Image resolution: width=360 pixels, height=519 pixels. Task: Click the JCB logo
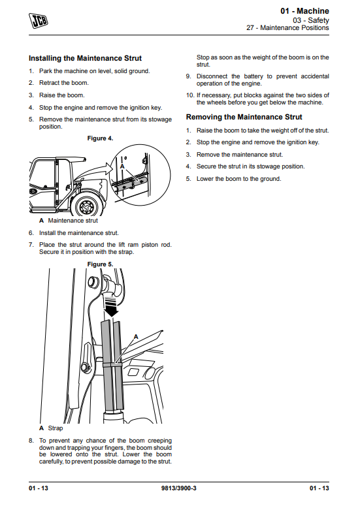tap(39, 20)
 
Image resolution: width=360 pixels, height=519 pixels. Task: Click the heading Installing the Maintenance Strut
tap(85, 58)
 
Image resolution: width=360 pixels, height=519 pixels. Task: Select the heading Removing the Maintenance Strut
tap(244, 117)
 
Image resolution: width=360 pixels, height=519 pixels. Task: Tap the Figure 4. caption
tap(101, 138)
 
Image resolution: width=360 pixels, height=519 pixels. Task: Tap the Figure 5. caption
tap(101, 264)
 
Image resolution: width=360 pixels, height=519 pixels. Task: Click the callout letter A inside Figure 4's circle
tap(122, 166)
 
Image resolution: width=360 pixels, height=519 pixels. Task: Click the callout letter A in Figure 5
tap(136, 337)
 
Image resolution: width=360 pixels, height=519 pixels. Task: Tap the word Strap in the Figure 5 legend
tap(56, 428)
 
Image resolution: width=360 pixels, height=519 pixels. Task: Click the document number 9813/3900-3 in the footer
tap(179, 488)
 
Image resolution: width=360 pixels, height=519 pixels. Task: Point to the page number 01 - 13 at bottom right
tap(319, 488)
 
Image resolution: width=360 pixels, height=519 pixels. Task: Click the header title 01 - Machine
tap(304, 11)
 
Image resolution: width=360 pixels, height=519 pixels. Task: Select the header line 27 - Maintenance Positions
tap(287, 28)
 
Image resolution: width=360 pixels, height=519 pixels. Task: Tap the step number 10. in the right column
tap(190, 95)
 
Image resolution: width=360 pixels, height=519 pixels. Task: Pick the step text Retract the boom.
tap(64, 83)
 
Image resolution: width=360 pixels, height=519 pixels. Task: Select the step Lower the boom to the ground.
tap(238, 179)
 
